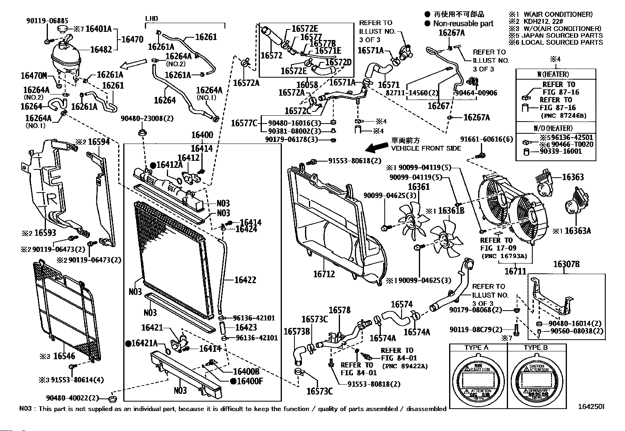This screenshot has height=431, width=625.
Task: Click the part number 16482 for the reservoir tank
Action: [101, 49]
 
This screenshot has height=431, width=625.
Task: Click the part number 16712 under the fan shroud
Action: [324, 274]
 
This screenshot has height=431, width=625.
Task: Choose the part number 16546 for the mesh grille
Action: [64, 356]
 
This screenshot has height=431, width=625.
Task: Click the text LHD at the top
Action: [152, 18]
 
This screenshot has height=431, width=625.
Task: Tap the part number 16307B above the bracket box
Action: [566, 264]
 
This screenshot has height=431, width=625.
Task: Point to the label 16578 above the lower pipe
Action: [339, 311]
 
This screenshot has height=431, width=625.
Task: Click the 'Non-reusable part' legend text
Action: [463, 24]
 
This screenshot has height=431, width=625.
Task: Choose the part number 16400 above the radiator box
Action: [202, 135]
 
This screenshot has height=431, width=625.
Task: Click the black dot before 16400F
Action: [233, 381]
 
